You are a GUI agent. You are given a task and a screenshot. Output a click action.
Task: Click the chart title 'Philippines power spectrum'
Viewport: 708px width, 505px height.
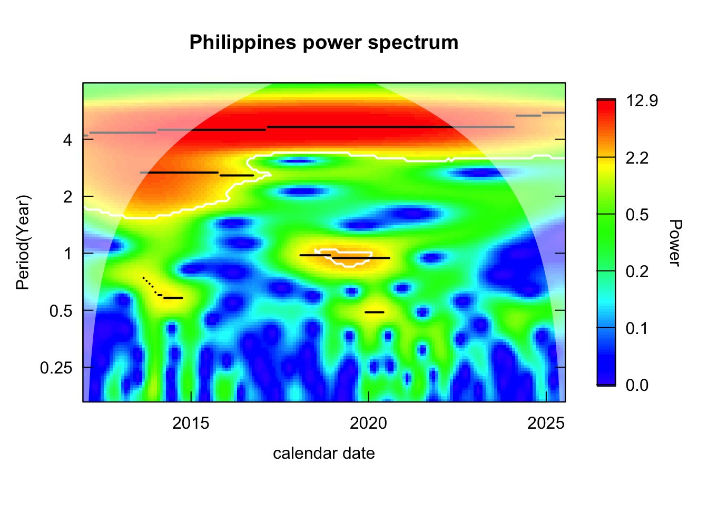click(323, 43)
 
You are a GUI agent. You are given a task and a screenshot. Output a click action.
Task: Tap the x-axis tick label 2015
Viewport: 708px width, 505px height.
click(191, 423)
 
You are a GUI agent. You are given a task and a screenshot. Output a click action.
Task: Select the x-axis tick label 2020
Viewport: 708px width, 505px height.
click(368, 423)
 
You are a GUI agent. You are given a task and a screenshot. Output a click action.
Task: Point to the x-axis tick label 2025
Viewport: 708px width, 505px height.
click(546, 423)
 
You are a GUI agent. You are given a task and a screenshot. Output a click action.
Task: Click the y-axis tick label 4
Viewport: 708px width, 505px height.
click(67, 140)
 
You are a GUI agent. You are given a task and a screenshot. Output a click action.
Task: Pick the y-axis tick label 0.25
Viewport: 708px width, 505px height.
click(56, 368)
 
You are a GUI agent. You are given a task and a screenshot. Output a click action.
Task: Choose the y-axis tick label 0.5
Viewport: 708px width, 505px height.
click(61, 311)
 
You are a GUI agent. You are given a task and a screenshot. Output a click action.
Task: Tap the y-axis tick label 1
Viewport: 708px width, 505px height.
click(67, 254)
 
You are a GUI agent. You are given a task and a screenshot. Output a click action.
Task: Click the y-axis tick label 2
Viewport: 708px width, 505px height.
click(67, 197)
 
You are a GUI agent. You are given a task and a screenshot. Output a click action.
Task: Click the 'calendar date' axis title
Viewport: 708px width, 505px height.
click(323, 453)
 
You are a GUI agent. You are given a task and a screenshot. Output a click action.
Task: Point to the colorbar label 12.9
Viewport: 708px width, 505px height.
click(642, 101)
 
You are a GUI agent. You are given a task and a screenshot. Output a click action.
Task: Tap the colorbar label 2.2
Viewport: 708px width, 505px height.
click(637, 158)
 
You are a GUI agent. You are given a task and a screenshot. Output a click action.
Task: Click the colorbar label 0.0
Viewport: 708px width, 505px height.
click(637, 386)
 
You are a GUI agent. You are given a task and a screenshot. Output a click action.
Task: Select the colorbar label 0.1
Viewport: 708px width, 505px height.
click(637, 329)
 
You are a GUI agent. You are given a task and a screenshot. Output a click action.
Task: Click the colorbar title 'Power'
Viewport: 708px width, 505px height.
click(675, 243)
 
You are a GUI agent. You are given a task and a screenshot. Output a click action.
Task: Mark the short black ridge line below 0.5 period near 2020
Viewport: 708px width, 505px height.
click(375, 312)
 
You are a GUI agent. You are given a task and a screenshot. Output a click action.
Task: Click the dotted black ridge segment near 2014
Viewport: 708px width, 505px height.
click(150, 285)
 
